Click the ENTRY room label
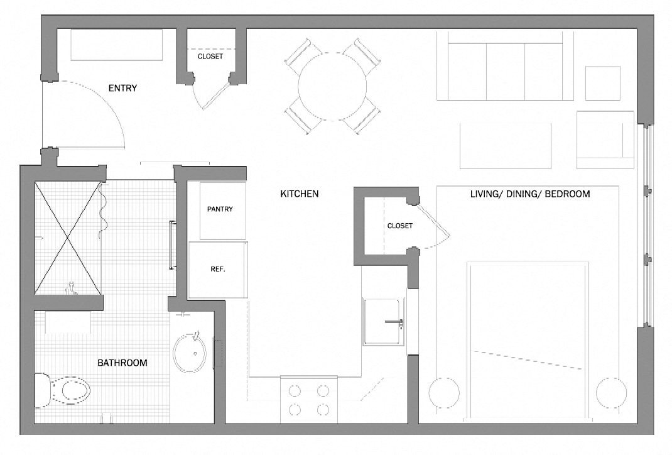click(122, 89)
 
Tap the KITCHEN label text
click(299, 194)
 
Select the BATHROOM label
click(122, 363)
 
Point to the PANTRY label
click(220, 209)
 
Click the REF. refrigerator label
click(218, 270)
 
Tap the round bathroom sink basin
click(190, 353)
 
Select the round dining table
click(332, 87)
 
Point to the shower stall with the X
click(68, 238)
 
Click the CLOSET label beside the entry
click(210, 56)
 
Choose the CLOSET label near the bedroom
click(400, 226)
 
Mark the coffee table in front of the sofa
click(506, 146)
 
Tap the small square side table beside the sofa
click(602, 84)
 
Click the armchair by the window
click(605, 140)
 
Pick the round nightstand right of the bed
click(612, 393)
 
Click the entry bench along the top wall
click(117, 45)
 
